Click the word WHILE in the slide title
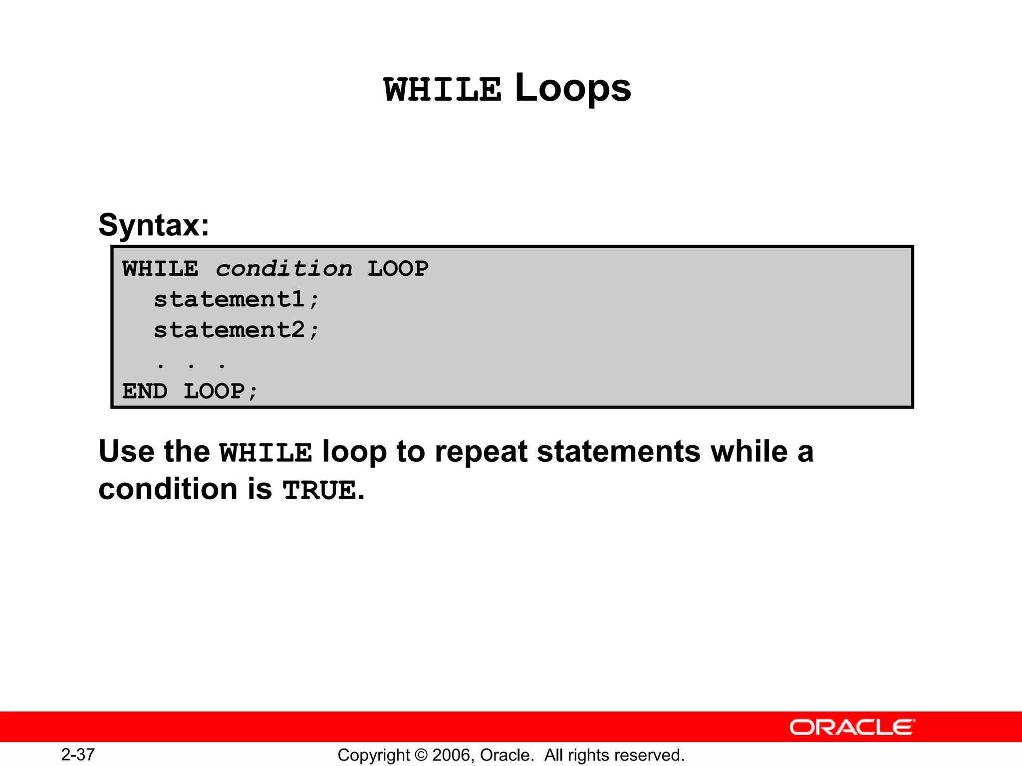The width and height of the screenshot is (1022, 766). coord(442,90)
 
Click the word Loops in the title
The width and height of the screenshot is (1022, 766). coord(572,88)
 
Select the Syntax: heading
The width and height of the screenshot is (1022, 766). coord(154,225)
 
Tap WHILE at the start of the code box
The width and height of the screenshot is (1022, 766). coord(160,269)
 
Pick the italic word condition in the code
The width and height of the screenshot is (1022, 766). coord(283,269)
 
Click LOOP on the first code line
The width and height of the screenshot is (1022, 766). coord(398,269)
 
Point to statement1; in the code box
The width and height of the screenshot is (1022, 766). coord(236,300)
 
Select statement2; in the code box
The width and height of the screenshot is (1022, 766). coord(236,330)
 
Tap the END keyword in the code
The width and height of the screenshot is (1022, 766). coord(145,391)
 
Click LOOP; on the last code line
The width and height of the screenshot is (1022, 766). coord(221,391)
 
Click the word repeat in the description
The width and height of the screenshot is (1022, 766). coord(481,451)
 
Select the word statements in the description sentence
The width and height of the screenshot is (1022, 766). coord(619,451)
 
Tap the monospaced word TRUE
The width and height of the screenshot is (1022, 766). coord(320,490)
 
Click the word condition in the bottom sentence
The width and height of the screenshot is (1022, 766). coord(168,489)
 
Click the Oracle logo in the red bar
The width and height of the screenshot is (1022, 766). coord(852,728)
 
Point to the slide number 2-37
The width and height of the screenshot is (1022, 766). coord(78,755)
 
